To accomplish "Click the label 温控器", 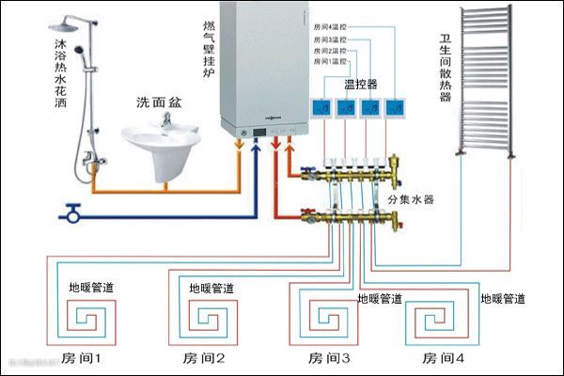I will click(x=361, y=84).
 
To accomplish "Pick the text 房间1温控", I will click(x=334, y=61).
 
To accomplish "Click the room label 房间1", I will click(x=86, y=358).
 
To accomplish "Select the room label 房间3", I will click(x=324, y=358).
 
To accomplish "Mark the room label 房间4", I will click(x=444, y=358).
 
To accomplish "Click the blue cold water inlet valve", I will click(x=70, y=213).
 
